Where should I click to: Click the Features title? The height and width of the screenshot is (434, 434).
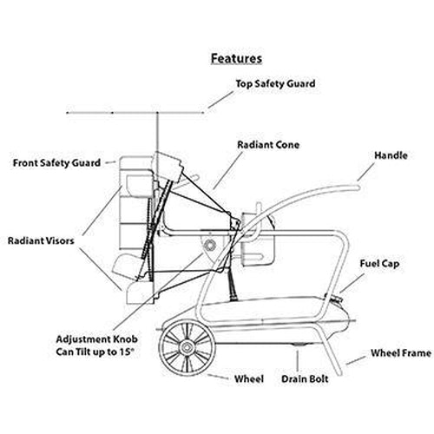236,58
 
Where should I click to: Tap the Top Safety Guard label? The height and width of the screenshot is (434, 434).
275,84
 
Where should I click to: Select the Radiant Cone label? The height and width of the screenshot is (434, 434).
268,145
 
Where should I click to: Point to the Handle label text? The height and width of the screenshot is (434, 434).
391,155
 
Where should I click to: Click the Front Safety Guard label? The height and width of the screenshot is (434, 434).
56,163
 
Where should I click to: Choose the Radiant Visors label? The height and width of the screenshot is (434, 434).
41,240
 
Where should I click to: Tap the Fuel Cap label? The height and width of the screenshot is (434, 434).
379,264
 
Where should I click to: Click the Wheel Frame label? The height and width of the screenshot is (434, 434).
401,353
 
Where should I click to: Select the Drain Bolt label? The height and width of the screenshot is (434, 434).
305,379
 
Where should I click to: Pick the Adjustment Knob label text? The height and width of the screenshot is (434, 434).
96,339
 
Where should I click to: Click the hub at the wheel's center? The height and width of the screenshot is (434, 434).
187,347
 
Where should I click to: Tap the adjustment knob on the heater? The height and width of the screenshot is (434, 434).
209,246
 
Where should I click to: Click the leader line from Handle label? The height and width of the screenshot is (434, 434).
365,173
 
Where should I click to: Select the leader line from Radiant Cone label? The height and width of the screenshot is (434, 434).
227,171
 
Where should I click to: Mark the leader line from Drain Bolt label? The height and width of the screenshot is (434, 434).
297,360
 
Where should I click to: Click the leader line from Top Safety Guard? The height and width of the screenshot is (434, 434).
220,100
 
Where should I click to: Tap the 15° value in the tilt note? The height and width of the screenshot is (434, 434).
127,352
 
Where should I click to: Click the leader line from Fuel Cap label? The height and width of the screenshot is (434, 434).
352,283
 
